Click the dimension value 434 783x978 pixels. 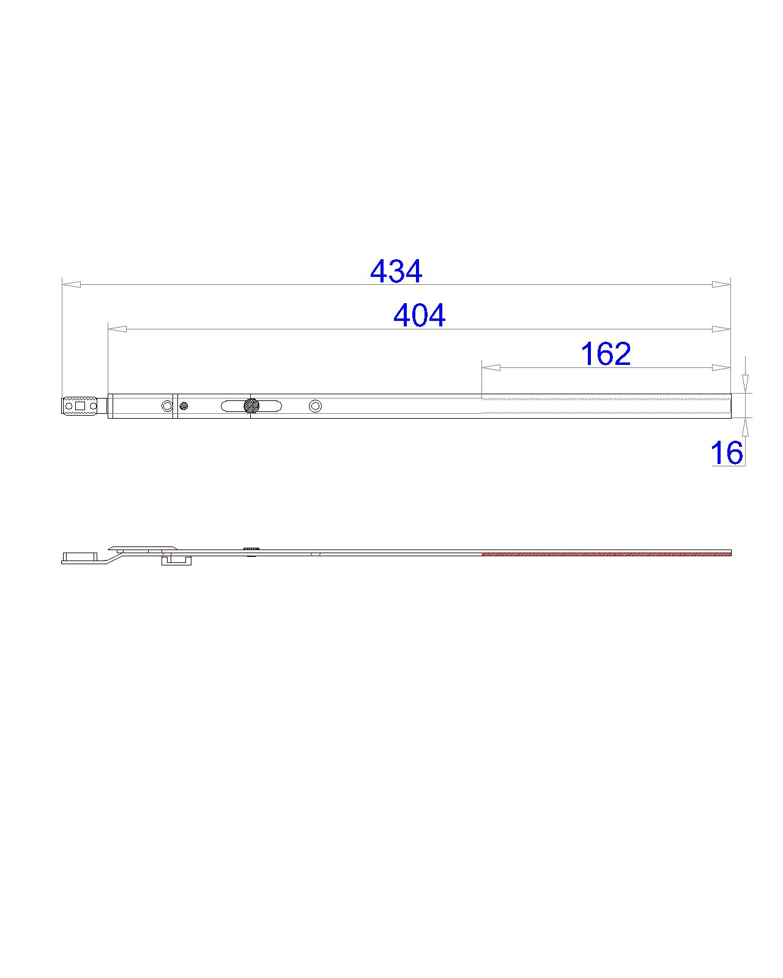coord(396,271)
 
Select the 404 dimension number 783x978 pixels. coord(419,315)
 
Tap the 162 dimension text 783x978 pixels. coord(606,354)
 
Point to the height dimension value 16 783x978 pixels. coord(727,453)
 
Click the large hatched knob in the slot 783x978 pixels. coord(251,405)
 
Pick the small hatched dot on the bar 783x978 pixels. coord(184,406)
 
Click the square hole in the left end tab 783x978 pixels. coord(81,405)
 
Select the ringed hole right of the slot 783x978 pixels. coord(315,406)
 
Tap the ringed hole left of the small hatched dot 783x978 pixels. coord(167,406)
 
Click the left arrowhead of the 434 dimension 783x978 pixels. coord(72,284)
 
